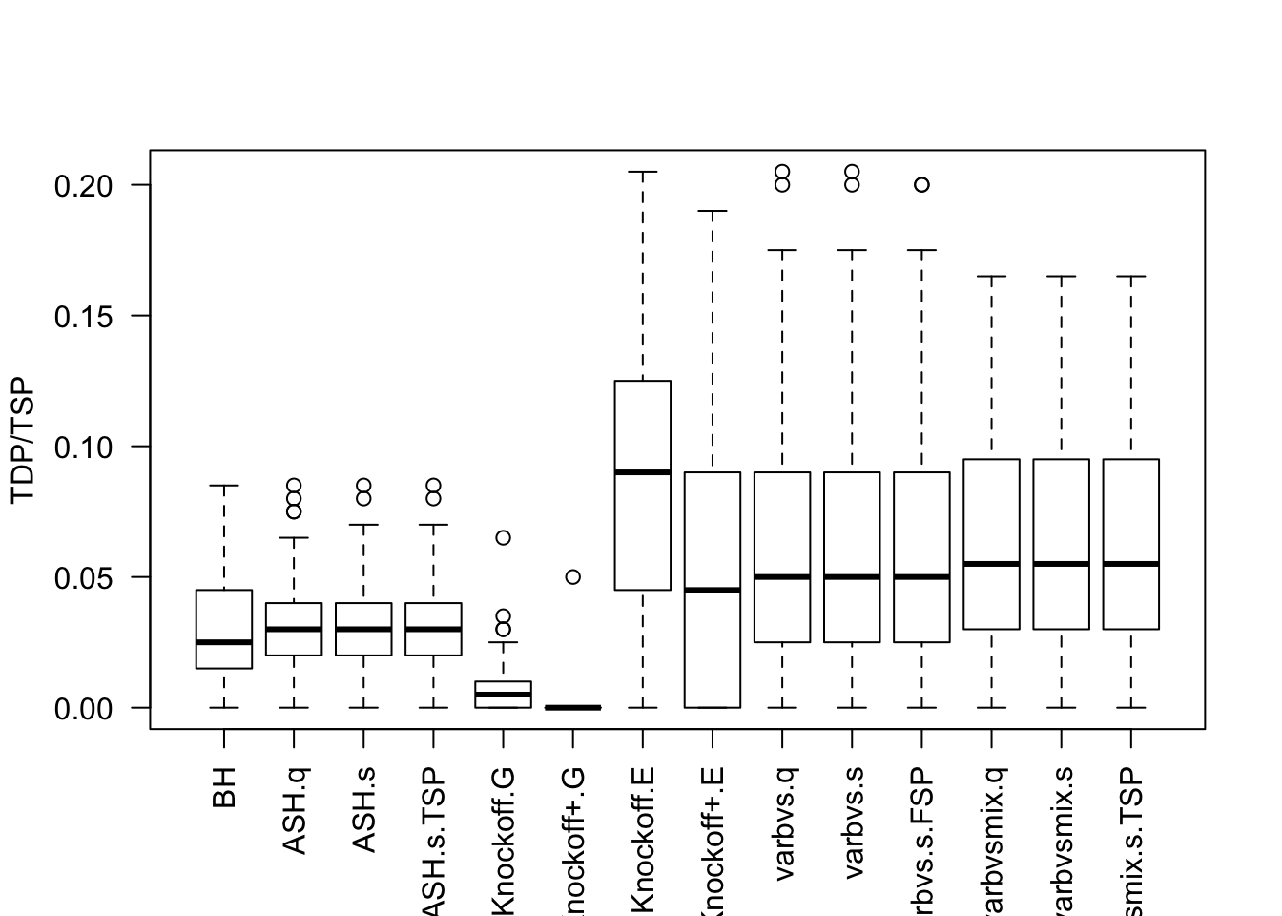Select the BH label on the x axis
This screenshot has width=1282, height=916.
pos(224,788)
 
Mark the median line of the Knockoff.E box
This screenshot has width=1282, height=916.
pos(643,472)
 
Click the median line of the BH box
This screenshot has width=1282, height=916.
pos(224,642)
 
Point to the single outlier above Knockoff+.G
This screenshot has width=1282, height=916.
pos(572,577)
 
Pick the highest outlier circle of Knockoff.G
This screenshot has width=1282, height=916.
pos(503,538)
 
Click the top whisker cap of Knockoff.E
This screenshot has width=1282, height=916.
pos(643,172)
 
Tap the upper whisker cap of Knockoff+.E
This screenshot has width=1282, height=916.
pos(713,211)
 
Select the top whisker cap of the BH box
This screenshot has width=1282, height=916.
pos(224,486)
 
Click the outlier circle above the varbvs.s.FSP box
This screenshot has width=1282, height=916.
pos(921,185)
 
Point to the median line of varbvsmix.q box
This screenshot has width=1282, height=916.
pos(992,564)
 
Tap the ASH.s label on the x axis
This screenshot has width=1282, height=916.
pos(363,807)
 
